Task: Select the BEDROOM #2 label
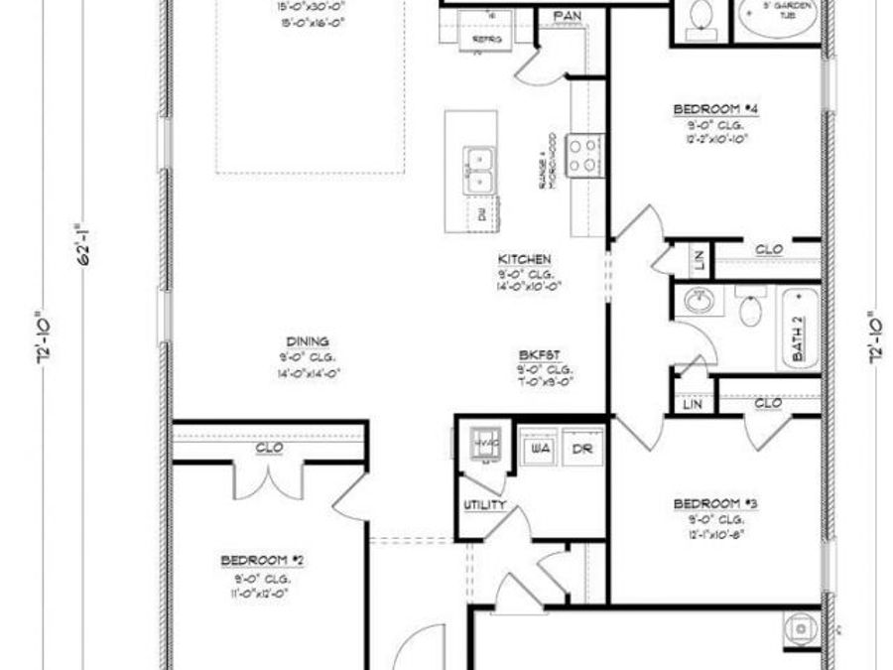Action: [262, 561]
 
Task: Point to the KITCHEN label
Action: [524, 259]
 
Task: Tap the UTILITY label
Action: [484, 505]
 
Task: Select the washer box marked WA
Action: [541, 448]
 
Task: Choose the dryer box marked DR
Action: [582, 448]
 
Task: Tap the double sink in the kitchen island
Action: [480, 170]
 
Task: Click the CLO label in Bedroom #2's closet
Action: [269, 448]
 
